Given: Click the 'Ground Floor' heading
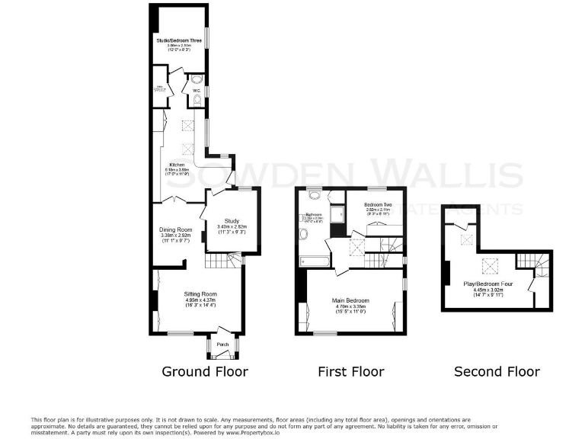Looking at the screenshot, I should point(205,372).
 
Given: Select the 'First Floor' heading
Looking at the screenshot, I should point(350,372).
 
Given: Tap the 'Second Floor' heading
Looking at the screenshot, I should point(497,372).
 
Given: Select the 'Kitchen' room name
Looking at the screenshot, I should point(177,165).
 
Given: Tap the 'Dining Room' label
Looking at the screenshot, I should point(175,229).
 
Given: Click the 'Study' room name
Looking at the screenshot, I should point(232,221).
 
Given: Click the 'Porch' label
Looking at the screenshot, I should point(222,344).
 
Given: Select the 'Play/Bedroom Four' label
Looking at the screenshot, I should point(488,284).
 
